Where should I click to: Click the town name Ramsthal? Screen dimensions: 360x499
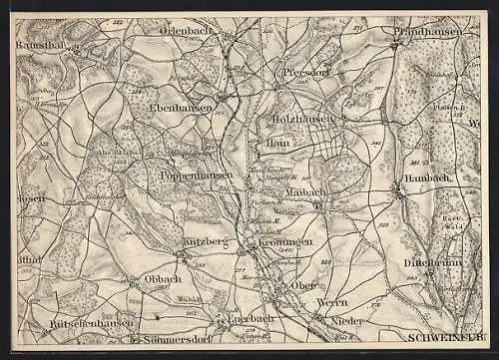pos(40,46)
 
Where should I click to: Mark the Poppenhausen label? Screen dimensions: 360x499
pos(196,175)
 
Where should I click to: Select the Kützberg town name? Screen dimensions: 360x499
pos(206,242)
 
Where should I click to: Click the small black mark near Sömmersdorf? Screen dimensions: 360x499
pos(158,317)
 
